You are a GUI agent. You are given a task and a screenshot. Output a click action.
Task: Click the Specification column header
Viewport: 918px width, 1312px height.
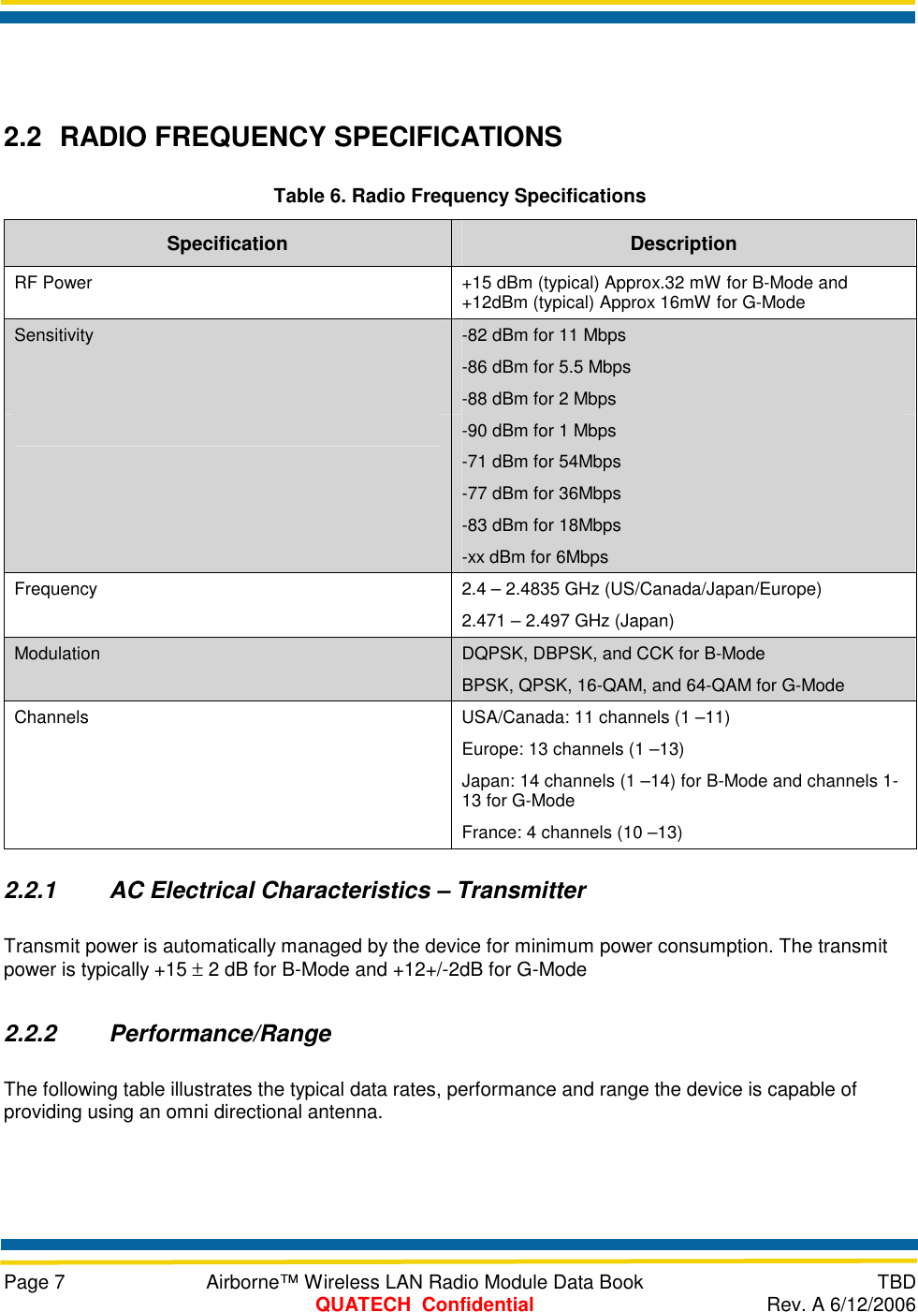click(x=226, y=243)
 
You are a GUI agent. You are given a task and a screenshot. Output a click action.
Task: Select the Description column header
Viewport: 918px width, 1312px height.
click(x=683, y=243)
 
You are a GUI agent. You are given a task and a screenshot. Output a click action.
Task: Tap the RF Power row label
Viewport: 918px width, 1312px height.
click(x=53, y=283)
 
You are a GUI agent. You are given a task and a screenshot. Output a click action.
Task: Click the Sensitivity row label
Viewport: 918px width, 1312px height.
click(x=54, y=335)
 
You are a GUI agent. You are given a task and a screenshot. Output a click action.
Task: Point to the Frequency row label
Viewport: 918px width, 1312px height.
click(x=56, y=589)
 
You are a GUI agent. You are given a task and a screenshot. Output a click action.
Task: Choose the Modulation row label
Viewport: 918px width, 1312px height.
click(x=57, y=654)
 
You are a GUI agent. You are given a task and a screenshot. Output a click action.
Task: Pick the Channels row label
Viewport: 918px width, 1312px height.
click(x=51, y=717)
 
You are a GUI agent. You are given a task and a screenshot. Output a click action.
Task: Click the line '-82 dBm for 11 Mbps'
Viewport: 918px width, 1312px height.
click(x=544, y=335)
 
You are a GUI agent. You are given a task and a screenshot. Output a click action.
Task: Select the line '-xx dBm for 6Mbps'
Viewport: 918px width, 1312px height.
click(x=534, y=557)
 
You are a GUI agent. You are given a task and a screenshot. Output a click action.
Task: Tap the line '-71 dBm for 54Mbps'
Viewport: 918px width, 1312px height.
click(x=541, y=462)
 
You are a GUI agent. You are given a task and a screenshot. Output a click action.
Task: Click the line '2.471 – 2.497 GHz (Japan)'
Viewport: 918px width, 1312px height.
click(x=567, y=621)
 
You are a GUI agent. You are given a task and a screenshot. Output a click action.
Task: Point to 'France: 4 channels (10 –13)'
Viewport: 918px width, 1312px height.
click(x=572, y=833)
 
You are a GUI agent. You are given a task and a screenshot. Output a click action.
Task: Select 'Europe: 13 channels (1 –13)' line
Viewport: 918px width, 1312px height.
click(x=573, y=749)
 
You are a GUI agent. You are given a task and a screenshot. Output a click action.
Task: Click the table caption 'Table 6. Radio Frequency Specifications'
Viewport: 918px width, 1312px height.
click(x=459, y=196)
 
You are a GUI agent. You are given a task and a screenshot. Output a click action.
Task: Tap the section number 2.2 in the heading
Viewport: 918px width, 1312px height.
click(x=23, y=138)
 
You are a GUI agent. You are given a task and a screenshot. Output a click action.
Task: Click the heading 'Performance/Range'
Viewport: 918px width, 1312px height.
click(x=221, y=1034)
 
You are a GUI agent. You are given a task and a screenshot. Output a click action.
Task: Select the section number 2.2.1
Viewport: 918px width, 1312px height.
click(x=31, y=891)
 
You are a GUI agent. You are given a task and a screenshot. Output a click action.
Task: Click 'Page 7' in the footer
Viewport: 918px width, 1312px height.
click(x=35, y=1282)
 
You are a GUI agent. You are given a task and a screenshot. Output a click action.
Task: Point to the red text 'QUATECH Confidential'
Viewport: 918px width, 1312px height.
click(x=424, y=1305)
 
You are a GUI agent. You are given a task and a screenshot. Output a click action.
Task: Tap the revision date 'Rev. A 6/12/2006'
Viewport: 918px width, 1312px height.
click(x=840, y=1305)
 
